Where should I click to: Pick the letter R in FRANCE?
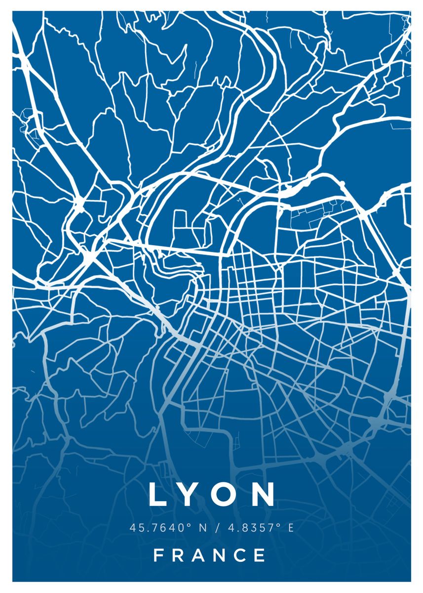(179, 555)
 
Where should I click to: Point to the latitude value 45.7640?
(157, 528)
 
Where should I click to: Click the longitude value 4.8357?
(251, 528)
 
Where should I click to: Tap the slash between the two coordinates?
(217, 528)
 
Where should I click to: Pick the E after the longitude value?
(290, 528)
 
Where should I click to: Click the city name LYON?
(212, 494)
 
